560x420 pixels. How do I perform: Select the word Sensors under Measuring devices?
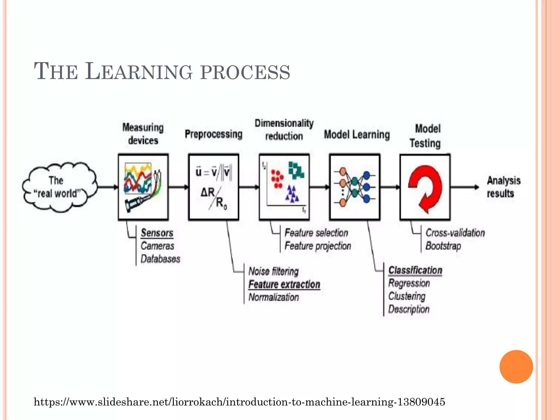(x=157, y=233)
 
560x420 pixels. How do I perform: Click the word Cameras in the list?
(x=157, y=246)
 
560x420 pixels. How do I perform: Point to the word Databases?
(x=160, y=259)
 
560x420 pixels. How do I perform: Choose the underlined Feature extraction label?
(x=284, y=284)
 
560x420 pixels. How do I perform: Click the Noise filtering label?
(x=273, y=272)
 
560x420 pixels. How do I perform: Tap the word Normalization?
(x=273, y=297)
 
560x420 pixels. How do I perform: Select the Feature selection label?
(x=316, y=233)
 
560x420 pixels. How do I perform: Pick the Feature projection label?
(x=318, y=246)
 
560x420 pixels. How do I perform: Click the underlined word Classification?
(x=415, y=270)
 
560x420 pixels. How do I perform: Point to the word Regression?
(x=409, y=283)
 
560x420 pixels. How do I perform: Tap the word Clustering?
(x=407, y=296)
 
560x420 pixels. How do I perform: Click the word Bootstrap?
(x=443, y=246)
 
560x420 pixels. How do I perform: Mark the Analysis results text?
(x=503, y=187)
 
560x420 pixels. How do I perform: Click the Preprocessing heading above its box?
(x=214, y=134)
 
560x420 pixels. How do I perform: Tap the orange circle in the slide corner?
(x=516, y=367)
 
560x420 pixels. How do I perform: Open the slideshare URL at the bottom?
(x=239, y=402)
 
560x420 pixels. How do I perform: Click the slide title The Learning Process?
(x=162, y=72)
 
